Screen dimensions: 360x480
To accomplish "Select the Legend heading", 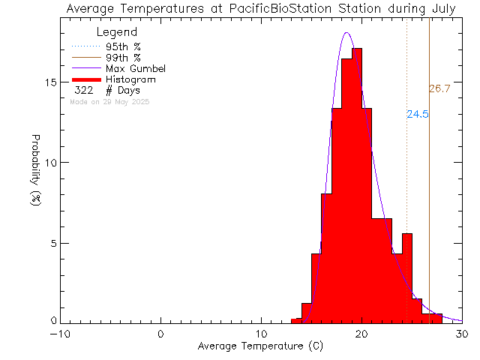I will point(117,32).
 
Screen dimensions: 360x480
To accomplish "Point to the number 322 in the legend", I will point(83,90).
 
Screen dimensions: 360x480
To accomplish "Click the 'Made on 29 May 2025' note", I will point(109,101).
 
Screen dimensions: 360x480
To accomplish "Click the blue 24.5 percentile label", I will point(417,115).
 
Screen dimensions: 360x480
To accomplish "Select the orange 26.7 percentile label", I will point(439,89).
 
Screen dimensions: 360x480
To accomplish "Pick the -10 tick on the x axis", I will point(61,334).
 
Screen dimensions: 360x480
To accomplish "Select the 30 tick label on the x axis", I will point(463,334).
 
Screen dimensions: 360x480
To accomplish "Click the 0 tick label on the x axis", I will point(161,334).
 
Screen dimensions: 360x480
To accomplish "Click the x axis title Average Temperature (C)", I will point(261,346).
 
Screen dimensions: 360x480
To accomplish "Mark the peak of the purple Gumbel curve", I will point(346,32).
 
